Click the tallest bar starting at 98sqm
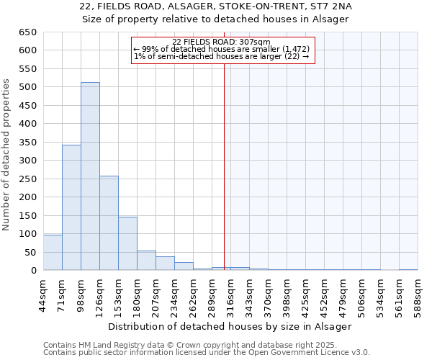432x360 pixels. click(90, 176)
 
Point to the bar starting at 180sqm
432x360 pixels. click(146, 261)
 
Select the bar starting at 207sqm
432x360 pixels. click(165, 264)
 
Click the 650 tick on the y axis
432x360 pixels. click(28, 32)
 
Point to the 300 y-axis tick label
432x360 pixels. click(28, 161)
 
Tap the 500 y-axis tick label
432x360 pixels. click(28, 87)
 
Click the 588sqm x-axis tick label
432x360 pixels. click(418, 296)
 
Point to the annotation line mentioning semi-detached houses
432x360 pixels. click(221, 56)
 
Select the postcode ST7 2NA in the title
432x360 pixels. click(330, 6)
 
